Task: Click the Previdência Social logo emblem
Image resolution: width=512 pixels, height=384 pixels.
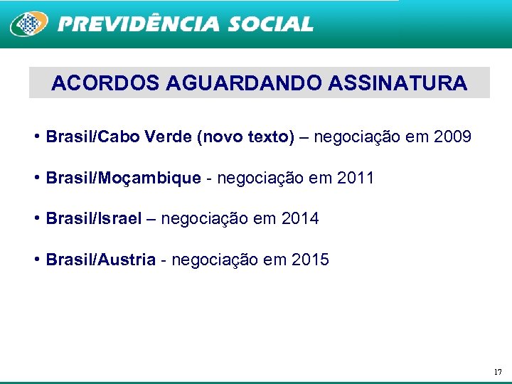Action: pos(28,23)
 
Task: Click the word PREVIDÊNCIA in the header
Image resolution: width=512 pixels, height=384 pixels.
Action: pos(139,24)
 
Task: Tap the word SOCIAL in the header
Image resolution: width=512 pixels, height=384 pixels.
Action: pos(270,24)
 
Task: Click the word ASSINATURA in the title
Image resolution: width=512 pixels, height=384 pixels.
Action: pos(398,83)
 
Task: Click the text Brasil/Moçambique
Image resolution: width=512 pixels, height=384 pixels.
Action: pos(123,178)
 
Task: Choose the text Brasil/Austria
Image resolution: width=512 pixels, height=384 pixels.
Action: pos(100,260)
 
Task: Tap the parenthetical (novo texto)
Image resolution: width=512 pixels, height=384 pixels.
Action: pos(244,137)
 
